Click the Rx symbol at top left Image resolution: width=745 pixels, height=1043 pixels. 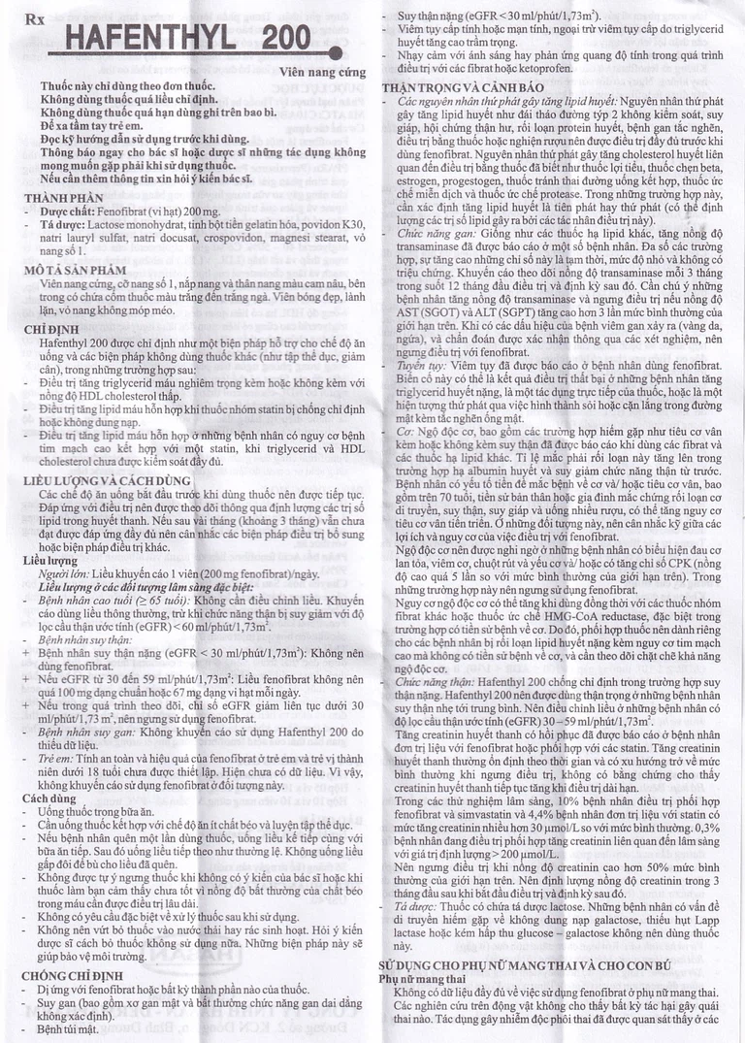click(x=33, y=18)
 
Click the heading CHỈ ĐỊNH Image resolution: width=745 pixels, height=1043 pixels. click(x=52, y=331)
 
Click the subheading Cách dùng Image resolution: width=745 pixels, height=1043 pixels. click(x=50, y=798)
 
